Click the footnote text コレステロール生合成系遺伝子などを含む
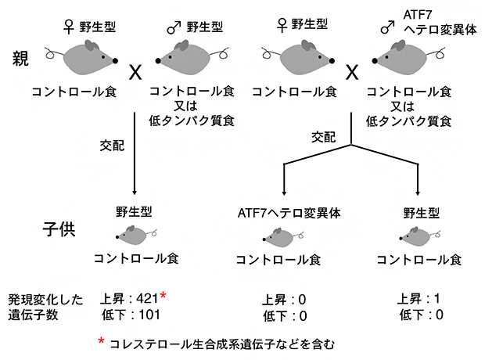[223, 343]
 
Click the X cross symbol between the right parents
[351, 74]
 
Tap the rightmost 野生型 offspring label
[419, 211]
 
